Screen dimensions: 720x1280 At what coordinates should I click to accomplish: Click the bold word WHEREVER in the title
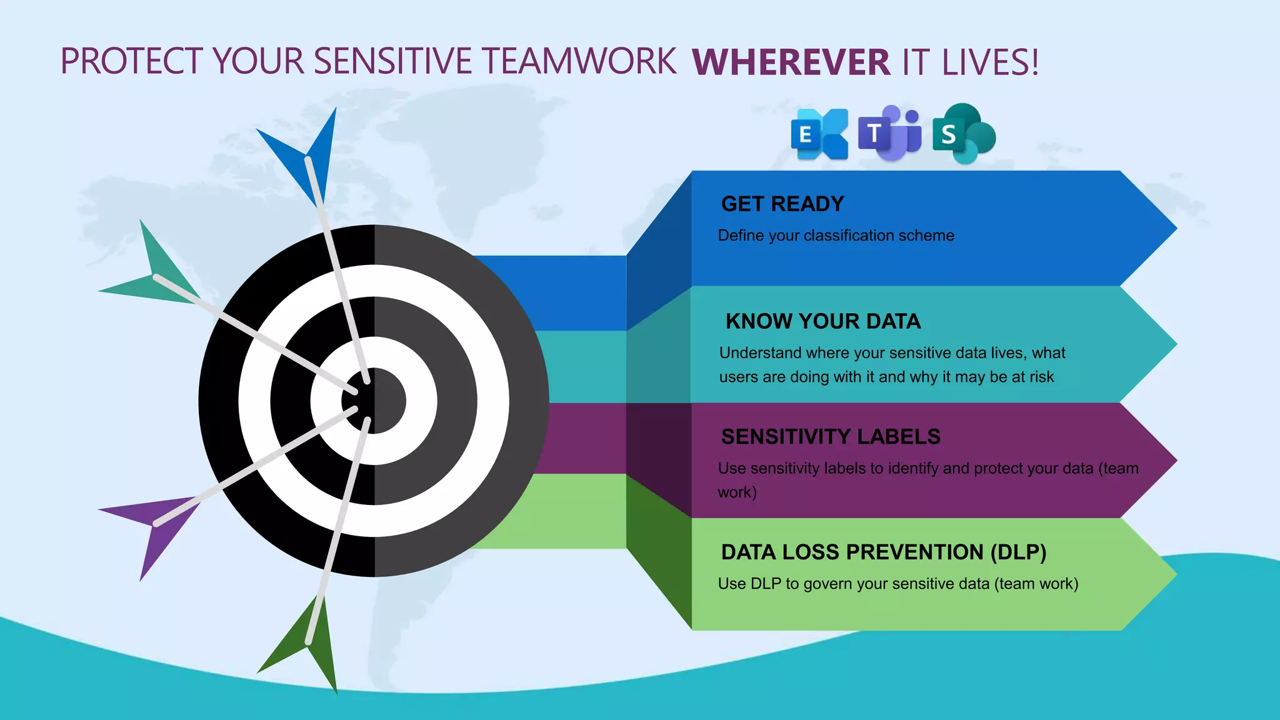(791, 62)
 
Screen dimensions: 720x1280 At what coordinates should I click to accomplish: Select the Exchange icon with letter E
(819, 134)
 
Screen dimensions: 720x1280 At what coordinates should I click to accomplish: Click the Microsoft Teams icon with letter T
(889, 133)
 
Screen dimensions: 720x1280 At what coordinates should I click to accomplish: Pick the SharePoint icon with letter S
(963, 134)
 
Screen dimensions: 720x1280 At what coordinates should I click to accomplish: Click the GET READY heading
(782, 204)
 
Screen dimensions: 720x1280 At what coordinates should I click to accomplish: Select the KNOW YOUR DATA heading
(822, 321)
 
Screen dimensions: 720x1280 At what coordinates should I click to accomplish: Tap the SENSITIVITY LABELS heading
(830, 436)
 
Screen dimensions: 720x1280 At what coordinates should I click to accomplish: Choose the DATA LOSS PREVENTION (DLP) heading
(883, 552)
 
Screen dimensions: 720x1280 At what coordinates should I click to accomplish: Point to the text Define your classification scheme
(836, 236)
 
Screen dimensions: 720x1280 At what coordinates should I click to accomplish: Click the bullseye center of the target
(374, 401)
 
